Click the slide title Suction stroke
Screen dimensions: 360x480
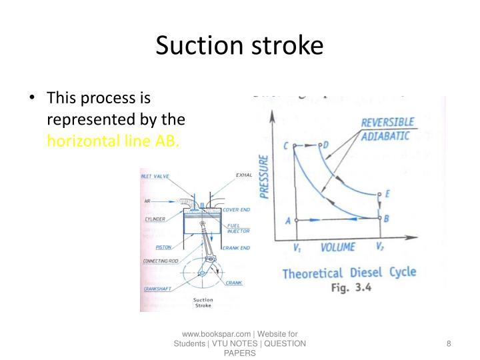[x=239, y=45]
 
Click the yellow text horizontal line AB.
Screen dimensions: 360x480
[x=113, y=142]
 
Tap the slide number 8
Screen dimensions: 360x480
[x=449, y=343]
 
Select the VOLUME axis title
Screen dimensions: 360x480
[x=338, y=248]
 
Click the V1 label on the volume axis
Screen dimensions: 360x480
[x=297, y=247]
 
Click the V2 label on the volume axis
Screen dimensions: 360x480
[x=379, y=247]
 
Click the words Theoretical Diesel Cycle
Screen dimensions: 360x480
[x=349, y=273]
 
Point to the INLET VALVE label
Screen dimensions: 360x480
[x=155, y=176]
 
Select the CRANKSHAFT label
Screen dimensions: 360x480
[x=158, y=289]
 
